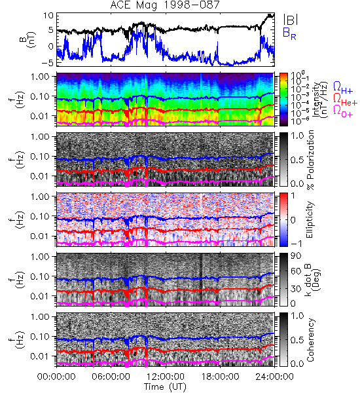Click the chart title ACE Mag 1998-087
click(165, 5)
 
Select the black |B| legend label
click(291, 20)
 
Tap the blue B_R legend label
click(289, 34)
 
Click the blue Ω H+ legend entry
click(343, 88)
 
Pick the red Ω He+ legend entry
click(345, 100)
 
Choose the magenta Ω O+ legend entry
click(343, 111)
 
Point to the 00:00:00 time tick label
click(56, 377)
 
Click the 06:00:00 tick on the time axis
click(111, 377)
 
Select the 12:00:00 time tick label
click(166, 377)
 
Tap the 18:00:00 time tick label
click(220, 377)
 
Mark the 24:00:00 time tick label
click(274, 377)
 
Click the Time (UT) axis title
click(165, 387)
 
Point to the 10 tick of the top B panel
click(48, 16)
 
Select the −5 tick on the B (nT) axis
click(46, 62)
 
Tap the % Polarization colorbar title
click(310, 160)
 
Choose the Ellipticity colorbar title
click(310, 220)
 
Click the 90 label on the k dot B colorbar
click(296, 256)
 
